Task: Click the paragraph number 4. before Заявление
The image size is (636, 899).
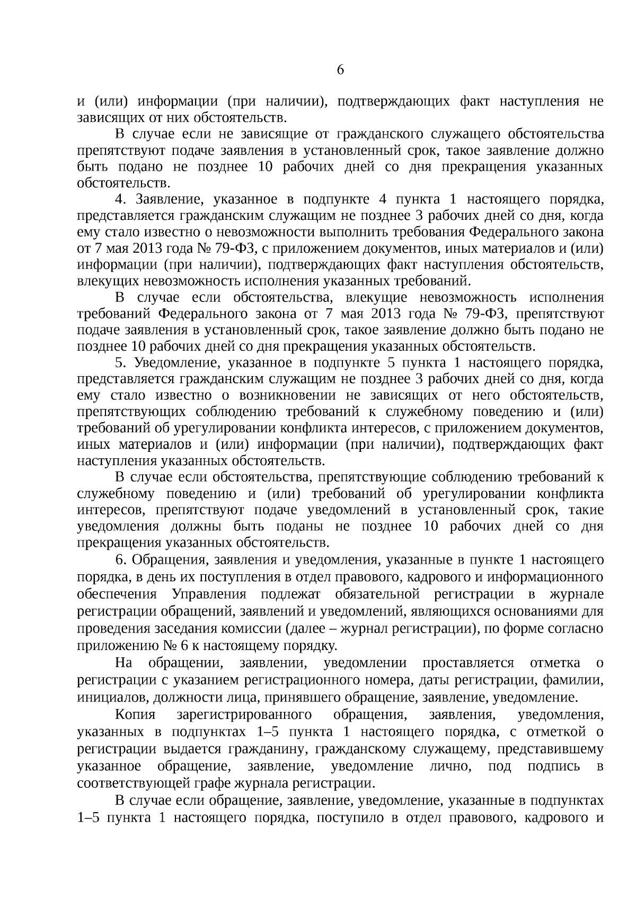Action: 120,200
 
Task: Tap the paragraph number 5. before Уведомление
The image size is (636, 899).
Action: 120,363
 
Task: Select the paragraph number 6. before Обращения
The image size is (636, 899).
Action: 120,560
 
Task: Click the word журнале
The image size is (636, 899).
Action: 573,593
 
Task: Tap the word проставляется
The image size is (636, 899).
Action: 469,663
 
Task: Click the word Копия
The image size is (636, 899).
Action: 135,715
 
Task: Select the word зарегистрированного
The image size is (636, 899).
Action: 244,715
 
